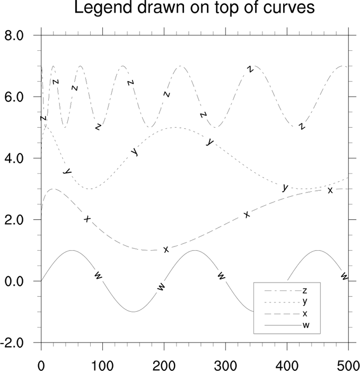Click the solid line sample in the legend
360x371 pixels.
coord(279,325)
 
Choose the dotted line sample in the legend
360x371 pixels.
coord(279,302)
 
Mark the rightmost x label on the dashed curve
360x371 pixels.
coord(330,190)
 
